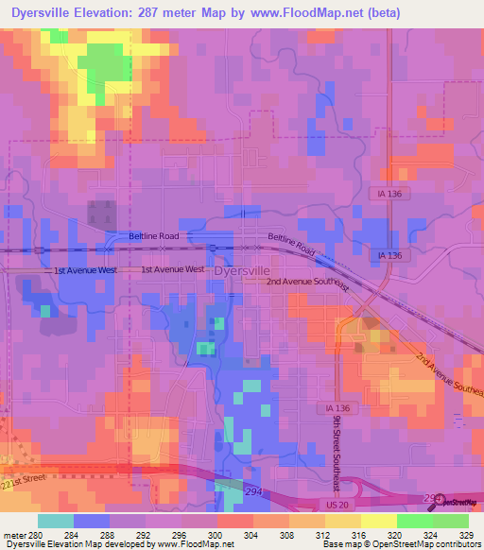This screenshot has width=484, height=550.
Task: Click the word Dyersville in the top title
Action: pyautogui.click(x=47, y=13)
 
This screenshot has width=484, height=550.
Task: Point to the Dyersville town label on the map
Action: pyautogui.click(x=242, y=270)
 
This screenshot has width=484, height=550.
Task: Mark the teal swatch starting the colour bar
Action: pyautogui.click(x=56, y=520)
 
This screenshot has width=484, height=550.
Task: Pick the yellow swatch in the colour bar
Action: pyautogui.click(x=378, y=520)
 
